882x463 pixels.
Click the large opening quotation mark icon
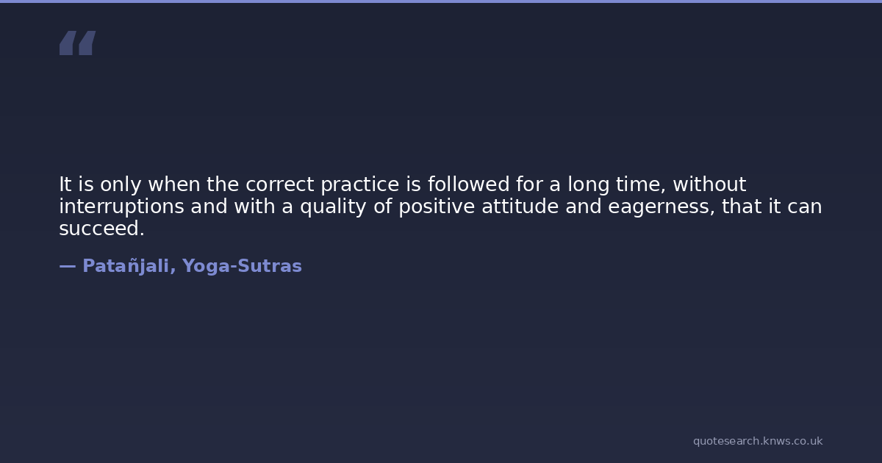[78, 43]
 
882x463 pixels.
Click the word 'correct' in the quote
[279, 184]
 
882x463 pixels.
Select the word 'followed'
[469, 184]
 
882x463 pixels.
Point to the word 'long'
[588, 185]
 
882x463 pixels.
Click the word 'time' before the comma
[638, 184]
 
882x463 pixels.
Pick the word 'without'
[709, 184]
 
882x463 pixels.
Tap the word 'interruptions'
[122, 207]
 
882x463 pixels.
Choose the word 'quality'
[333, 207]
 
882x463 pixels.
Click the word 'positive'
[437, 207]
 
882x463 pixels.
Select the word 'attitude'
[520, 207]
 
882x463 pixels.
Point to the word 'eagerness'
[659, 207]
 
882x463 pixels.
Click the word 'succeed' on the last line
[99, 229]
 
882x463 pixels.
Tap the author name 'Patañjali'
[126, 267]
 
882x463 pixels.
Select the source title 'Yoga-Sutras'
[242, 267]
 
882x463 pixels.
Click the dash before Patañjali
[68, 267]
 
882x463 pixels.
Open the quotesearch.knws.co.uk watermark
[758, 442]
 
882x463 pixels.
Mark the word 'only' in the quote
[121, 185]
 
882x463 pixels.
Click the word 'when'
[174, 184]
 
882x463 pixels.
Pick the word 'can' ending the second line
[804, 207]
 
